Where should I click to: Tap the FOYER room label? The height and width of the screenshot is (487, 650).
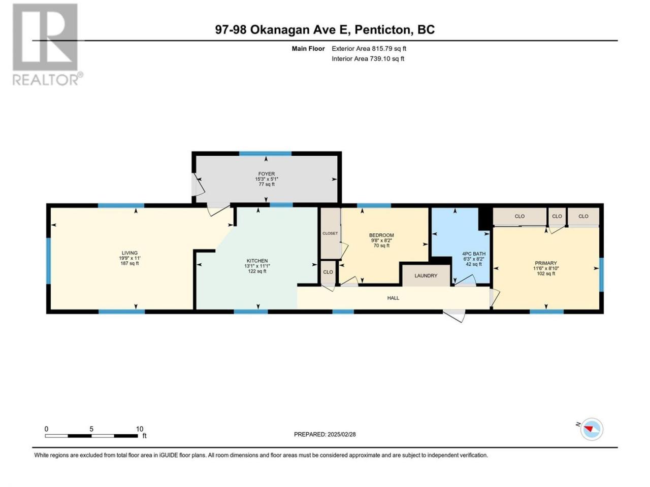point(266,174)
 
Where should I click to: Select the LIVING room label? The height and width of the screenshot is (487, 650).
point(129,253)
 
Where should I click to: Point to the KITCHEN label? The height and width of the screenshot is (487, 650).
point(257,261)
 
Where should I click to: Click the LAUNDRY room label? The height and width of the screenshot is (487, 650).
point(426,275)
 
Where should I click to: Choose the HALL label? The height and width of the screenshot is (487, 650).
point(393,298)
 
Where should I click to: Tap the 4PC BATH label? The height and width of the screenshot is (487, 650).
point(474,254)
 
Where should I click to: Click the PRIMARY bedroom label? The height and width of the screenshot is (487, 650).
point(546,263)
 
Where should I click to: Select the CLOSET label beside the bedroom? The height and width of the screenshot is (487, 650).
point(330,233)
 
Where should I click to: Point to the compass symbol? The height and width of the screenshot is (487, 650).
point(592,429)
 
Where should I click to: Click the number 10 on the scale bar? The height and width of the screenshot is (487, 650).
point(140,429)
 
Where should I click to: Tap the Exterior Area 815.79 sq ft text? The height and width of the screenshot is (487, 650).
point(369,49)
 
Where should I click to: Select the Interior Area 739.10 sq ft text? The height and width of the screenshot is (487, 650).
point(368,58)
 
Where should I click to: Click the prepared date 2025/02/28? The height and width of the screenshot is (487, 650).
point(341,434)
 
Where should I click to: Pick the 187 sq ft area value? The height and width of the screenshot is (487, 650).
point(129,263)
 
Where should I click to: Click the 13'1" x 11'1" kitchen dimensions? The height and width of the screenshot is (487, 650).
point(257,266)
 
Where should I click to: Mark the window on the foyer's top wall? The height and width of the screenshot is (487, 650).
point(265,153)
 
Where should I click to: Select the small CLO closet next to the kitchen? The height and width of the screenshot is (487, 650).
point(328,272)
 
